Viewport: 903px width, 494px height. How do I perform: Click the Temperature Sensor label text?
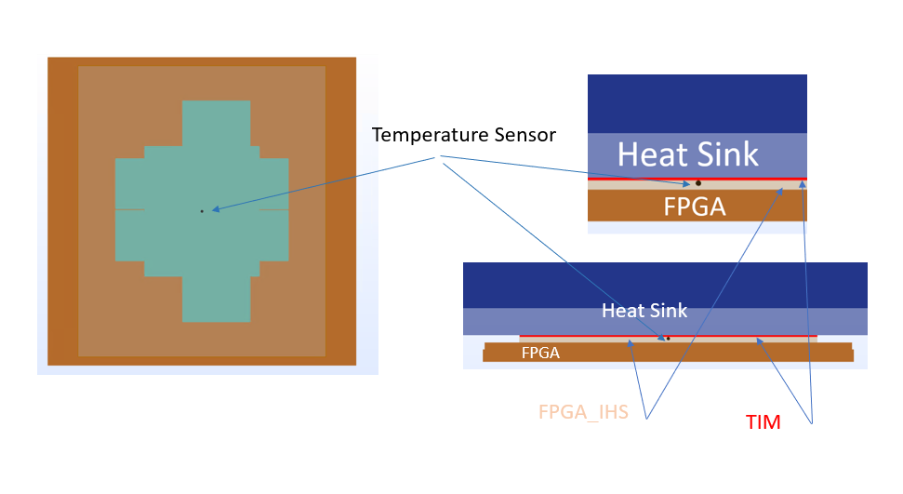pos(464,135)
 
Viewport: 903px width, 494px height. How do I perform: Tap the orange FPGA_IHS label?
pos(583,412)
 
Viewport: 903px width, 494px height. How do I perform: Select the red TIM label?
pos(763,422)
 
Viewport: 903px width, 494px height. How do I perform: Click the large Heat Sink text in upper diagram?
pos(688,154)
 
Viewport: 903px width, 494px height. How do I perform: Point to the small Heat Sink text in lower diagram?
pos(644,310)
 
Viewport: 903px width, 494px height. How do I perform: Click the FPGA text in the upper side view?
pos(694,207)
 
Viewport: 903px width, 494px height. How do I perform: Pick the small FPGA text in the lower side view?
pos(540,354)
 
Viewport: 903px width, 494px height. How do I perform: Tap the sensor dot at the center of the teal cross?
pos(201,211)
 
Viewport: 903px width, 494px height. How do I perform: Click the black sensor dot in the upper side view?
pos(698,182)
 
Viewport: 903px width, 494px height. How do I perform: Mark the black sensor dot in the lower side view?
pos(668,338)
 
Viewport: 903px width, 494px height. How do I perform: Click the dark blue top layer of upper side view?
pos(697,102)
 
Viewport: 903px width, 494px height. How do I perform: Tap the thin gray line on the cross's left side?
pos(130,210)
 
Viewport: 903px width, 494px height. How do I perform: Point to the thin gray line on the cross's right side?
pos(273,210)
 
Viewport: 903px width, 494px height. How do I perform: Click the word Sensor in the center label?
pos(525,135)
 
